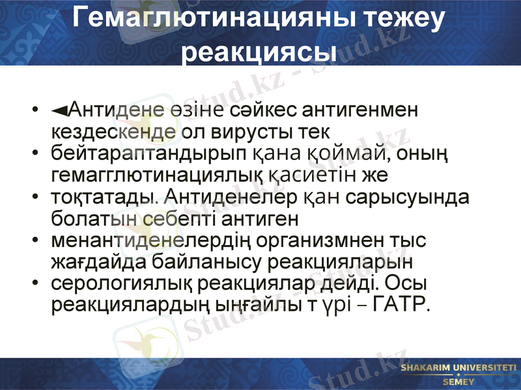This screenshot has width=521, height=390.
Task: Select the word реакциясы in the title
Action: pyautogui.click(x=260, y=51)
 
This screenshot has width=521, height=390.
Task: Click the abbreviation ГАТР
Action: pyautogui.click(x=403, y=304)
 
